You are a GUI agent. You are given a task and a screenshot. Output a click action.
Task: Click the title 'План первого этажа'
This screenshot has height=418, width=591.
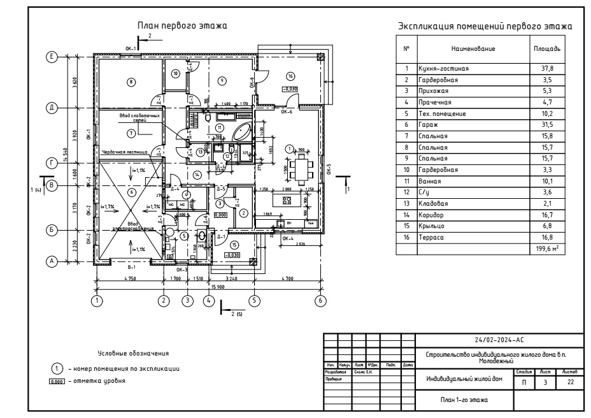(x=183, y=25)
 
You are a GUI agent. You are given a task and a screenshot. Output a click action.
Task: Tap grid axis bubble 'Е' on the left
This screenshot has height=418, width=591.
(x=53, y=57)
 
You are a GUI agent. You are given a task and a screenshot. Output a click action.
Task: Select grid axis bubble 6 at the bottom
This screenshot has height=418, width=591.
(x=320, y=299)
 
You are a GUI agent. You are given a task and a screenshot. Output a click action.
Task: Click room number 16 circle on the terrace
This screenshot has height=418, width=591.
(x=290, y=76)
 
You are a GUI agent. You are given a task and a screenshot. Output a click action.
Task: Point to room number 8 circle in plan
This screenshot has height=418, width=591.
(x=130, y=82)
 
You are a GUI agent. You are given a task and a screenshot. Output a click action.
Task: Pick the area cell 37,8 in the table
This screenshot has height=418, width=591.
(x=546, y=67)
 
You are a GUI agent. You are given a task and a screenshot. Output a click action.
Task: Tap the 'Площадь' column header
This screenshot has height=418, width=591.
(x=546, y=48)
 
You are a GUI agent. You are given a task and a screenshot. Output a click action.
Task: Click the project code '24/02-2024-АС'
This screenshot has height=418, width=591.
(x=499, y=340)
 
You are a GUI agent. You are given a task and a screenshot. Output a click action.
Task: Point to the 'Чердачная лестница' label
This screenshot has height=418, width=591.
(x=124, y=152)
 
